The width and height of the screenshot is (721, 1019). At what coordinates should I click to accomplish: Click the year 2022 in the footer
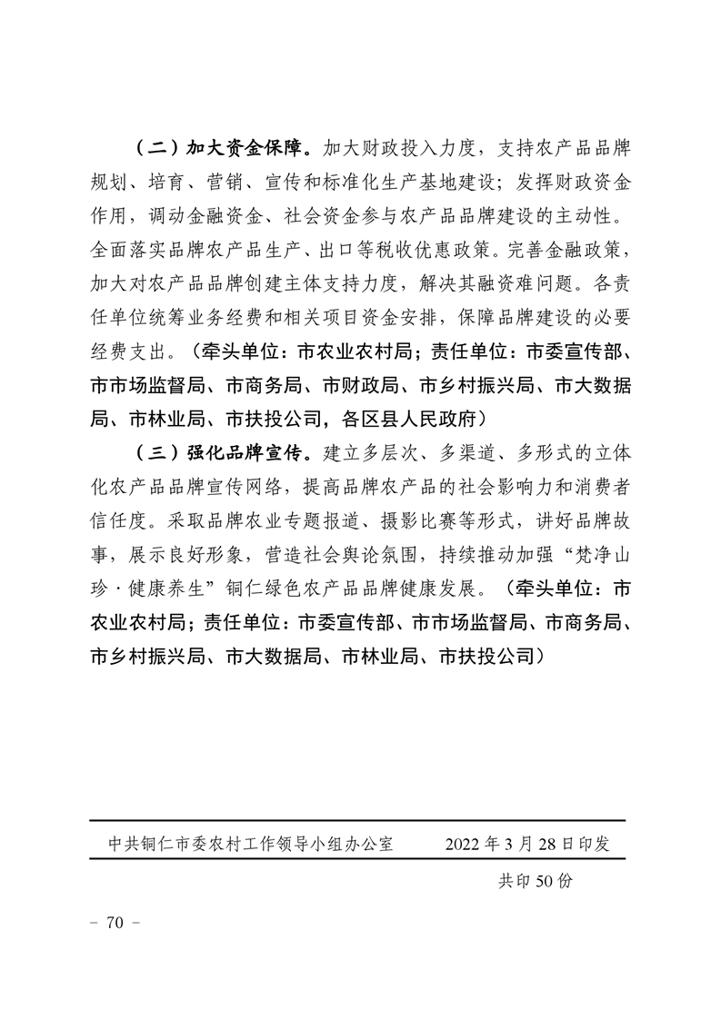(x=465, y=844)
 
